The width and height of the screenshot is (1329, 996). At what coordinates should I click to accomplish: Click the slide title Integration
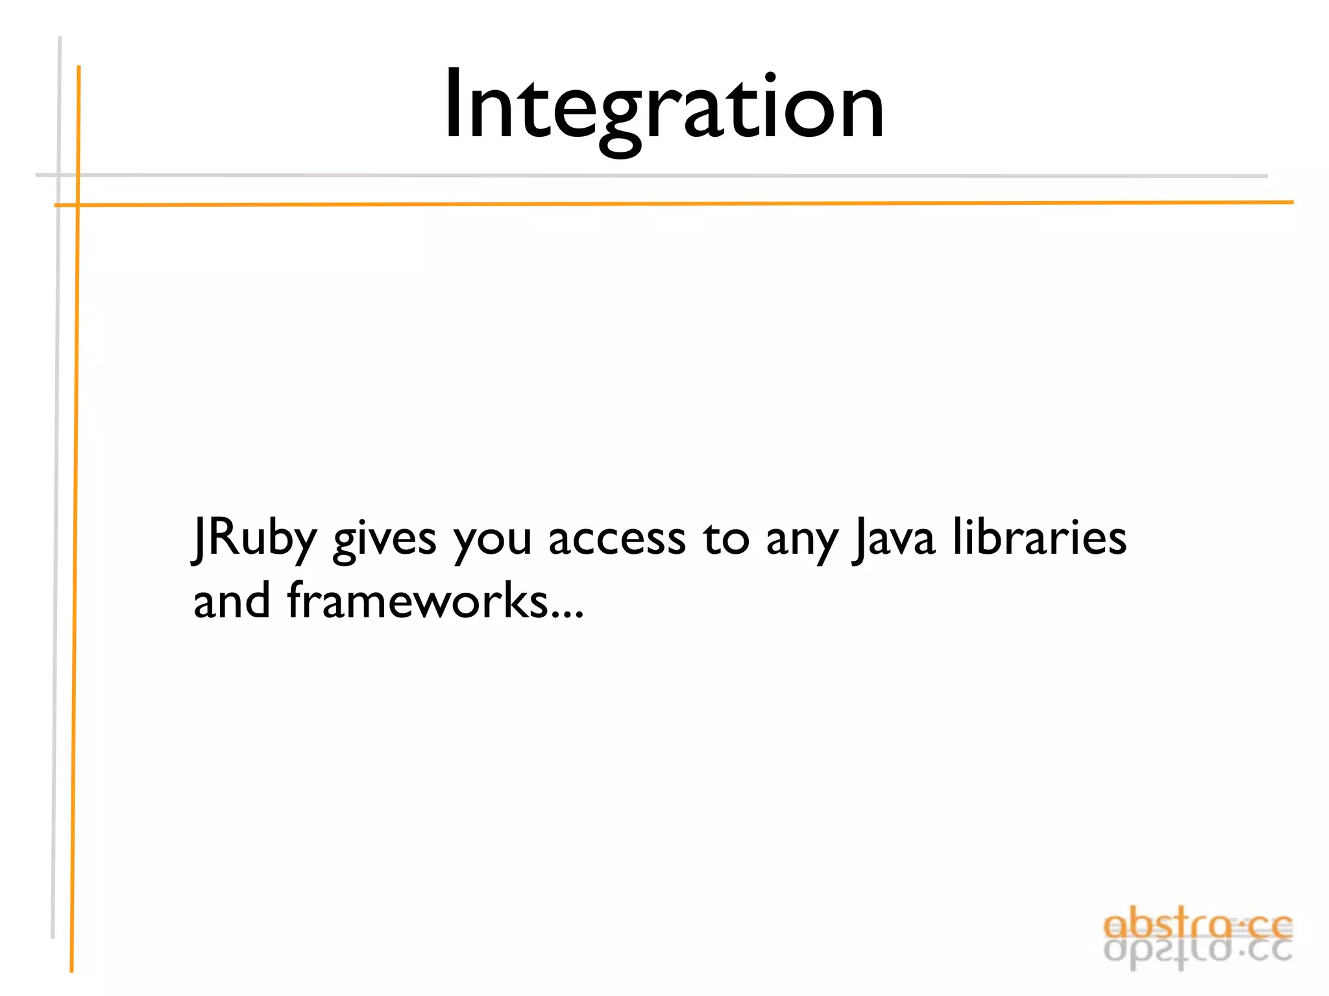tap(663, 107)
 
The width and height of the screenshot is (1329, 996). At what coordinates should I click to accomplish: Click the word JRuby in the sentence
tap(254, 539)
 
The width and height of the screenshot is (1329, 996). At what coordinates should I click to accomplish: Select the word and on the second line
tap(232, 600)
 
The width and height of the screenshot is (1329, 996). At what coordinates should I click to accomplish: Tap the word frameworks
tap(419, 600)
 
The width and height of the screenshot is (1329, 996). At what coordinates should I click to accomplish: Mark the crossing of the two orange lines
tap(78, 205)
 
